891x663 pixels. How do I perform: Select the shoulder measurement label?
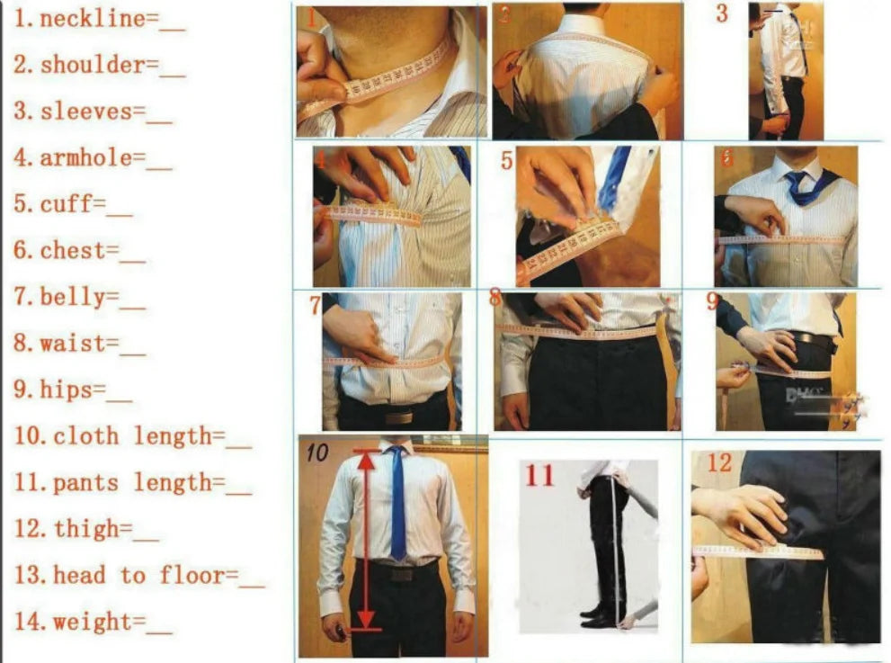coord(92,65)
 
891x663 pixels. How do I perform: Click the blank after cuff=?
coord(120,206)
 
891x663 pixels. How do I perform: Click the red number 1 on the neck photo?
coord(309,19)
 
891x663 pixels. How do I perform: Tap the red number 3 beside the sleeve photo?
coord(721,14)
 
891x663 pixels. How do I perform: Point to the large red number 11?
coord(539,475)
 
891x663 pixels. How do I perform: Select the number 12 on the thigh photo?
coord(719,463)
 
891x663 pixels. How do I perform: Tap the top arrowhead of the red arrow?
coord(365,460)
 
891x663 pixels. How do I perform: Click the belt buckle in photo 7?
coord(398,417)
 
